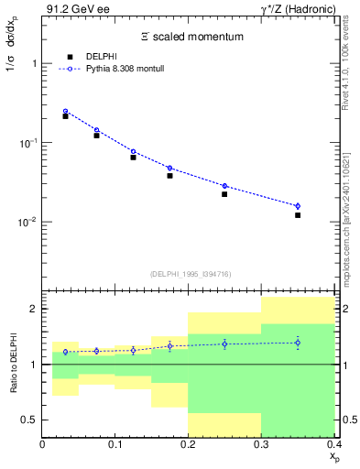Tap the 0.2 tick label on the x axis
(x=189, y=446)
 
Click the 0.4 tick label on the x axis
(x=333, y=446)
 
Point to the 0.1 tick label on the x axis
(x=115, y=446)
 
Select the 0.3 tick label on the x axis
(x=261, y=446)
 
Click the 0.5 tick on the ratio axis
(x=31, y=420)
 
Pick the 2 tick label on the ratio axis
(x=34, y=310)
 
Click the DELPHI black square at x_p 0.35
(x=298, y=215)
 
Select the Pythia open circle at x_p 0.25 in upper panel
(x=224, y=186)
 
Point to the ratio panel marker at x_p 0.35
(x=298, y=343)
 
